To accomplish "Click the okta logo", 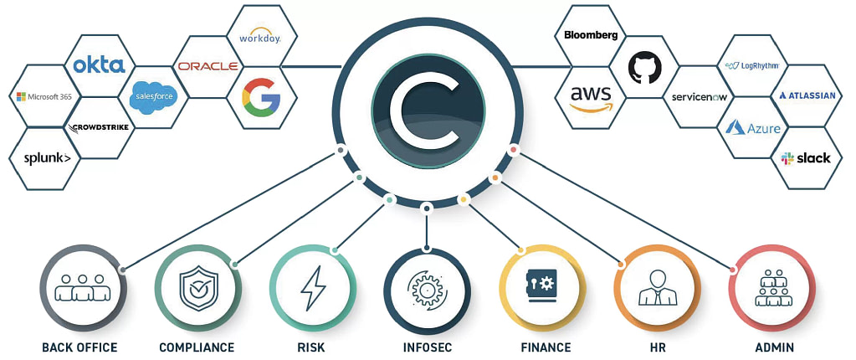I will coord(100,64).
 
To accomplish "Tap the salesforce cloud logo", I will coord(154,96).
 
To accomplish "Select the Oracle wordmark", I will coord(208,66).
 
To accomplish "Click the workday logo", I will coord(259,38).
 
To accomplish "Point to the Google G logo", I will coord(260,96).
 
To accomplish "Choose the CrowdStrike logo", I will coord(99,127).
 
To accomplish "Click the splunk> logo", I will coord(47,157).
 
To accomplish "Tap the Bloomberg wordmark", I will coord(591,35).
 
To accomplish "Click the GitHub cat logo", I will coord(643,66).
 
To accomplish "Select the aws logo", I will coord(592,97).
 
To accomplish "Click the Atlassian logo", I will coord(807,95).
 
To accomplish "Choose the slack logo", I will coord(806,157).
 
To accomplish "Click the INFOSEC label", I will coord(427,347).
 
